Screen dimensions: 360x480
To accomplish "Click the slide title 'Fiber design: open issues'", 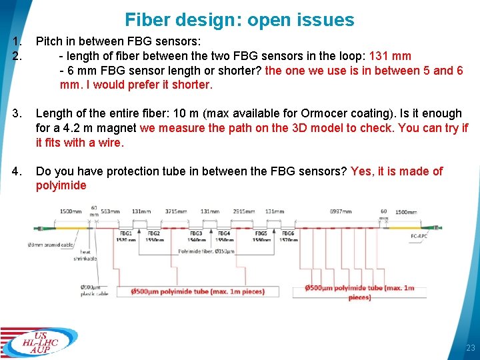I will (239, 20).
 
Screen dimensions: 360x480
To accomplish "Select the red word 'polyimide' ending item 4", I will (61, 185).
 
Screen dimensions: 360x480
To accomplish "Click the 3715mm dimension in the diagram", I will (175, 211).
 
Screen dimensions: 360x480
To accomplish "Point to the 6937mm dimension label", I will (341, 211).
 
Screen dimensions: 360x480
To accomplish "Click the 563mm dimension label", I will (111, 211).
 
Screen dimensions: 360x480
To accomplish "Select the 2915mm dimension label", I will (243, 211).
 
